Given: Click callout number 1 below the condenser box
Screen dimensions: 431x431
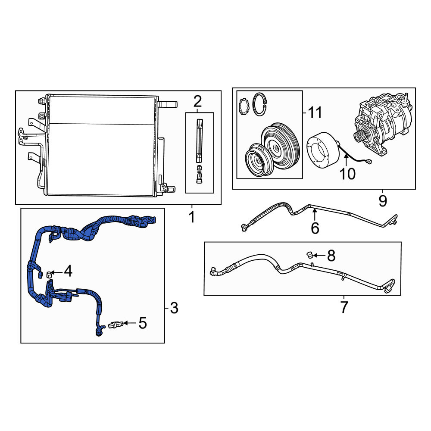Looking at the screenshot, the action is point(192,217).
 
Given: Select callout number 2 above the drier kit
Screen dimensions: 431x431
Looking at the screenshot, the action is point(198,101).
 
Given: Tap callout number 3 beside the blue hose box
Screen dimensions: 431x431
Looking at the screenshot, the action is point(174,308).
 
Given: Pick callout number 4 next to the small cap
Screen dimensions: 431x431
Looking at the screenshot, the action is point(68,271).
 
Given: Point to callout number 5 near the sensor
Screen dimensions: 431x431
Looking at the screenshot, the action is point(143,323).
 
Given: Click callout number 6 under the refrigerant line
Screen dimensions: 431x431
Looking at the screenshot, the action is point(315,228).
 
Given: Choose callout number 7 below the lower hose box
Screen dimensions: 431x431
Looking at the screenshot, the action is point(344,307).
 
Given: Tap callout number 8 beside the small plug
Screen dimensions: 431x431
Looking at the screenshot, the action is point(331,256).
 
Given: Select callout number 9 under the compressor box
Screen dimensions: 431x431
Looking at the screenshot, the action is point(383,201).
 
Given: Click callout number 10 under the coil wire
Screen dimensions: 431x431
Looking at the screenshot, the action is point(347,174).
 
